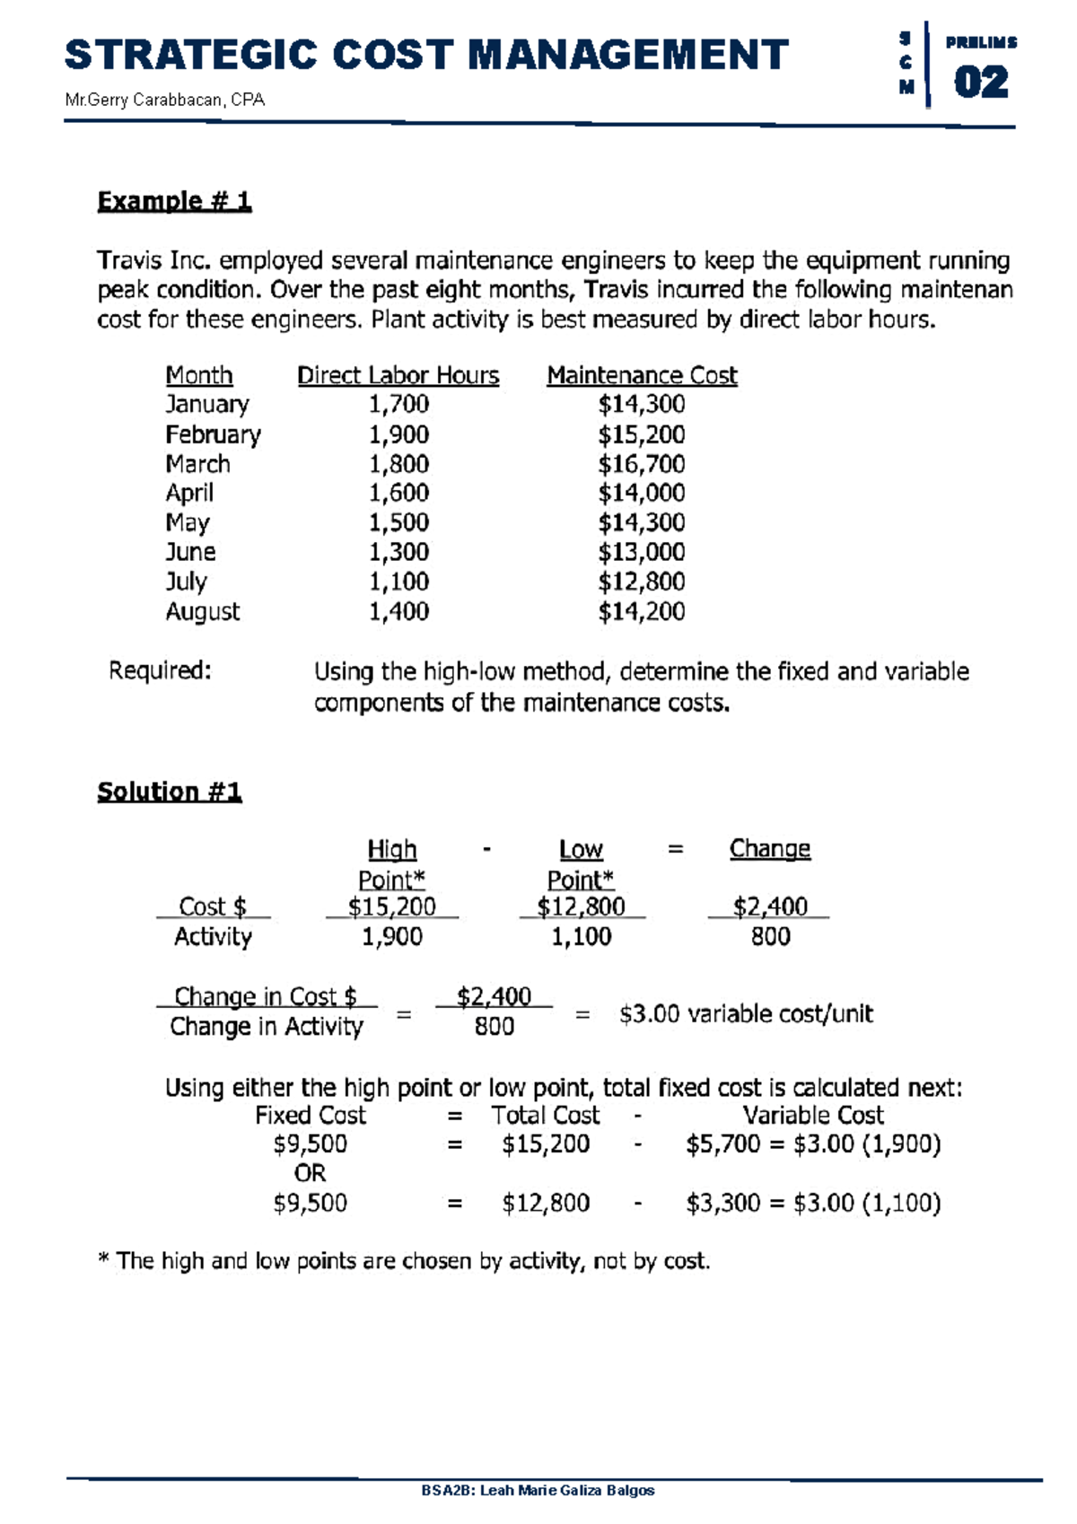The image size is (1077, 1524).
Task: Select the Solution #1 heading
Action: pyautogui.click(x=169, y=791)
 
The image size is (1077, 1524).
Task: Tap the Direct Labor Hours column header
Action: pyautogui.click(x=398, y=375)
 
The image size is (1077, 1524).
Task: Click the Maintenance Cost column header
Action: pyautogui.click(x=642, y=375)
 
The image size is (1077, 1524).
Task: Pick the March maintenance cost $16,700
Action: pyautogui.click(x=641, y=464)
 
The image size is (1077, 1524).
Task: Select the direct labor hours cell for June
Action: pyautogui.click(x=398, y=552)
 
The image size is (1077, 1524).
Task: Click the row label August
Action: pyautogui.click(x=202, y=612)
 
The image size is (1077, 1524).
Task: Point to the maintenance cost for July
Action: pyautogui.click(x=641, y=582)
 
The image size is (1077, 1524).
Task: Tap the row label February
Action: pyautogui.click(x=213, y=434)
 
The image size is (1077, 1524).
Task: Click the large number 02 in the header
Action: pyautogui.click(x=980, y=83)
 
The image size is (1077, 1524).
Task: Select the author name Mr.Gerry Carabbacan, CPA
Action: pyautogui.click(x=164, y=100)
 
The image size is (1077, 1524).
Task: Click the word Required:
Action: pyautogui.click(x=160, y=670)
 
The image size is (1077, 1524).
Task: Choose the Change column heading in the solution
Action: pyautogui.click(x=769, y=848)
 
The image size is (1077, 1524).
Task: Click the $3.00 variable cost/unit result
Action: pyautogui.click(x=745, y=1014)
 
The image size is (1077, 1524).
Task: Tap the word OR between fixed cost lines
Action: pyautogui.click(x=310, y=1173)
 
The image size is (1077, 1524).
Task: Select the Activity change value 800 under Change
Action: pyautogui.click(x=770, y=936)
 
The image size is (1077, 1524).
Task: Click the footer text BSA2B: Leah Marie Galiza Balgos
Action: pyautogui.click(x=538, y=1490)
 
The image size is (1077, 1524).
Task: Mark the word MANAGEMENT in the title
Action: pyautogui.click(x=628, y=55)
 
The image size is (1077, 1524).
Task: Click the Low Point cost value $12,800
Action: pyautogui.click(x=581, y=907)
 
